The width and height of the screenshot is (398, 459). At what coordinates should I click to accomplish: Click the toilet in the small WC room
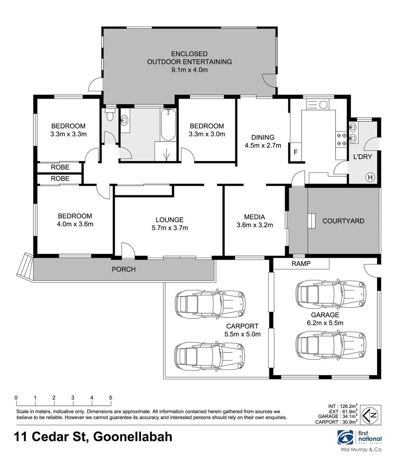[x=109, y=115]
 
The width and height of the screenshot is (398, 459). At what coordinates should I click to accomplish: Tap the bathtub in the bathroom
[x=168, y=125]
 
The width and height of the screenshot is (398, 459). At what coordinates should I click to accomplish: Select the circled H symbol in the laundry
[x=370, y=177]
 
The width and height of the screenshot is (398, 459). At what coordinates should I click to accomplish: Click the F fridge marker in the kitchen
[x=296, y=152]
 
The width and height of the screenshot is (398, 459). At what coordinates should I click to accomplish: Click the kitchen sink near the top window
[x=317, y=104]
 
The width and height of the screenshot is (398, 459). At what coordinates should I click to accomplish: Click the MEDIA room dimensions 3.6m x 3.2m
[x=255, y=225]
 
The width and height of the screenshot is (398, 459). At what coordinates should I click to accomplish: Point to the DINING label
[x=263, y=137]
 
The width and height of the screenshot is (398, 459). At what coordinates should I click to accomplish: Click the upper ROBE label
[x=60, y=167]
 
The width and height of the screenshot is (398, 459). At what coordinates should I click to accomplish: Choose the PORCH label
[x=124, y=269]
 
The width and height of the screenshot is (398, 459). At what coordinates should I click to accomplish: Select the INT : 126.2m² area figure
[x=343, y=406]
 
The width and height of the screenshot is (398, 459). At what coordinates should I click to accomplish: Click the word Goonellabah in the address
[x=133, y=437]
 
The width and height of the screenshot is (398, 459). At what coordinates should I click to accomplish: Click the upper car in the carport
[x=210, y=304]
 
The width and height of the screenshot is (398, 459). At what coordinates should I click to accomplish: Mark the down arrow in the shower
[x=166, y=154]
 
